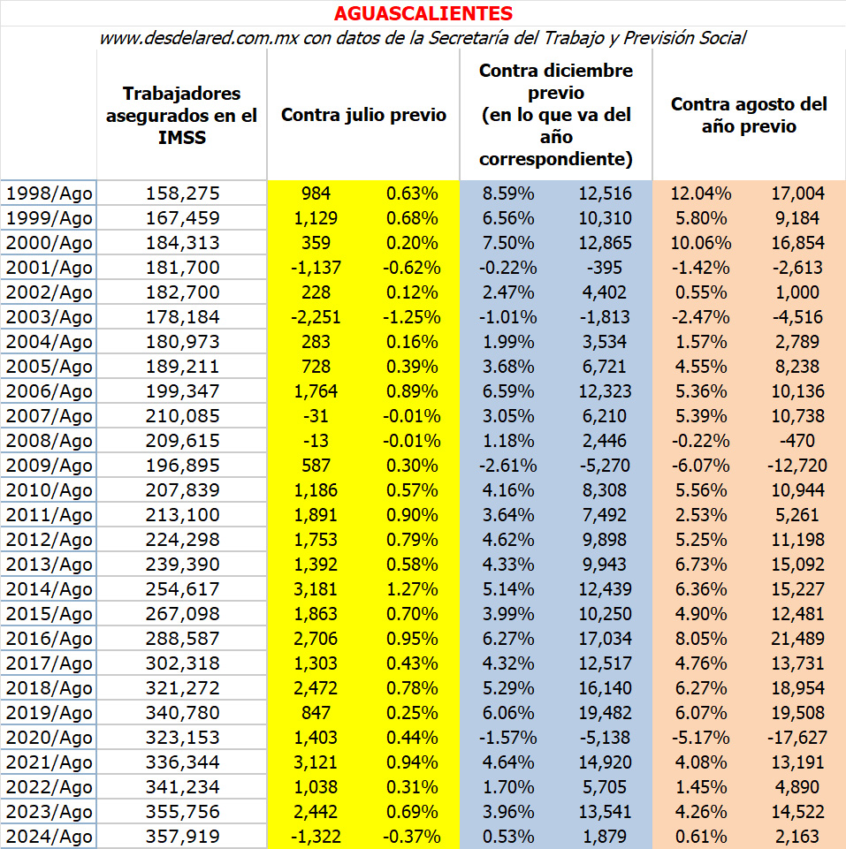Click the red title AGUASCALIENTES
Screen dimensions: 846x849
coord(423,13)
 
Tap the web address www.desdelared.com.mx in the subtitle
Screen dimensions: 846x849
coord(199,38)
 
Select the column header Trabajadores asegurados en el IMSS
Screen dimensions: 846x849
coord(181,116)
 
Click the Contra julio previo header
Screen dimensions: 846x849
coord(363,115)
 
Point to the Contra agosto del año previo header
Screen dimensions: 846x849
coord(749,115)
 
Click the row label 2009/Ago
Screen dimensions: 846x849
coord(49,465)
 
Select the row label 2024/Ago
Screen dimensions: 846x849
coord(49,836)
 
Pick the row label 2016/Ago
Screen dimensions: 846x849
coord(49,639)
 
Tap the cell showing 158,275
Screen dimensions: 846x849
coord(183,193)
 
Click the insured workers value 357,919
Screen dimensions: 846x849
coord(183,836)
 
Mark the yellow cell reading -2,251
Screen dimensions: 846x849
coord(316,317)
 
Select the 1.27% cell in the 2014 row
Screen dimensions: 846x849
coord(412,589)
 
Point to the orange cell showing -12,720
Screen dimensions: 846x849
coord(797,465)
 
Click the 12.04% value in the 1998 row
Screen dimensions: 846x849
coord(701,193)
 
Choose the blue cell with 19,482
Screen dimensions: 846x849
coord(605,713)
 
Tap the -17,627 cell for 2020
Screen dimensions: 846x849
coord(797,738)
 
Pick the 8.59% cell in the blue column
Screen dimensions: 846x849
coord(508,193)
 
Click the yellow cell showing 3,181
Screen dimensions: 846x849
coord(316,589)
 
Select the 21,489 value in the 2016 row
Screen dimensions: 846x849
coord(797,639)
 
